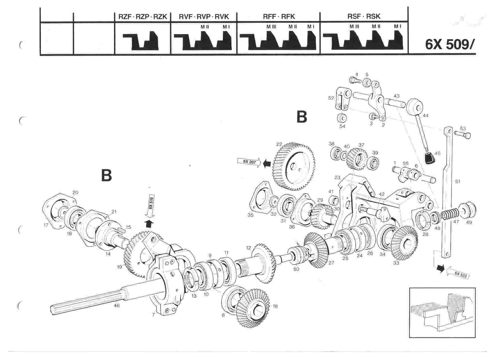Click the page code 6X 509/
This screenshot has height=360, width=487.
(450, 44)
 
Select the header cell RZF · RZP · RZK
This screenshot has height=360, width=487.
(142, 17)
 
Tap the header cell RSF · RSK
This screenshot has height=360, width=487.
(364, 16)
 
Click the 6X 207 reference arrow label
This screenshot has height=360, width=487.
(247, 162)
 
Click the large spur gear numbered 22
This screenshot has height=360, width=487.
(294, 167)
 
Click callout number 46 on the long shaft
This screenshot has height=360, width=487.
(117, 306)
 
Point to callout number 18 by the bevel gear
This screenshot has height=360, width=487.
(275, 306)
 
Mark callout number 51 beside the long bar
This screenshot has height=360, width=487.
(457, 181)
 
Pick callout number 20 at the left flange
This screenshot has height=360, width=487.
(75, 192)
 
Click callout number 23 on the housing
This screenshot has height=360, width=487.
(337, 178)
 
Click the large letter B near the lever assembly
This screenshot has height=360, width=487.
(302, 117)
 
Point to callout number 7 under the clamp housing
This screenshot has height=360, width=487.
(154, 315)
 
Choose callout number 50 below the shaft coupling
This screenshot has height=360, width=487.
(296, 269)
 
